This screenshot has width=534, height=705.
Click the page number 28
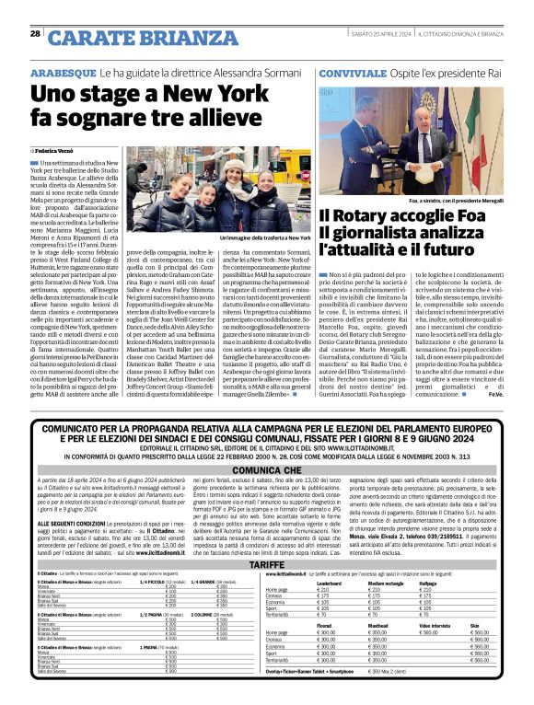click(35, 34)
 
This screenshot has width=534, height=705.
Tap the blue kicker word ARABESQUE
click(64, 72)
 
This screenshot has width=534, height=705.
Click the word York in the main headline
click(211, 93)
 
